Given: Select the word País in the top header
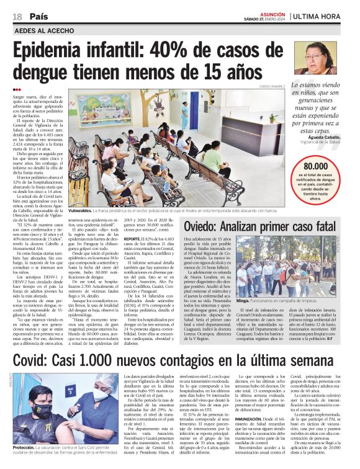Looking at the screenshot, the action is [39, 16].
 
